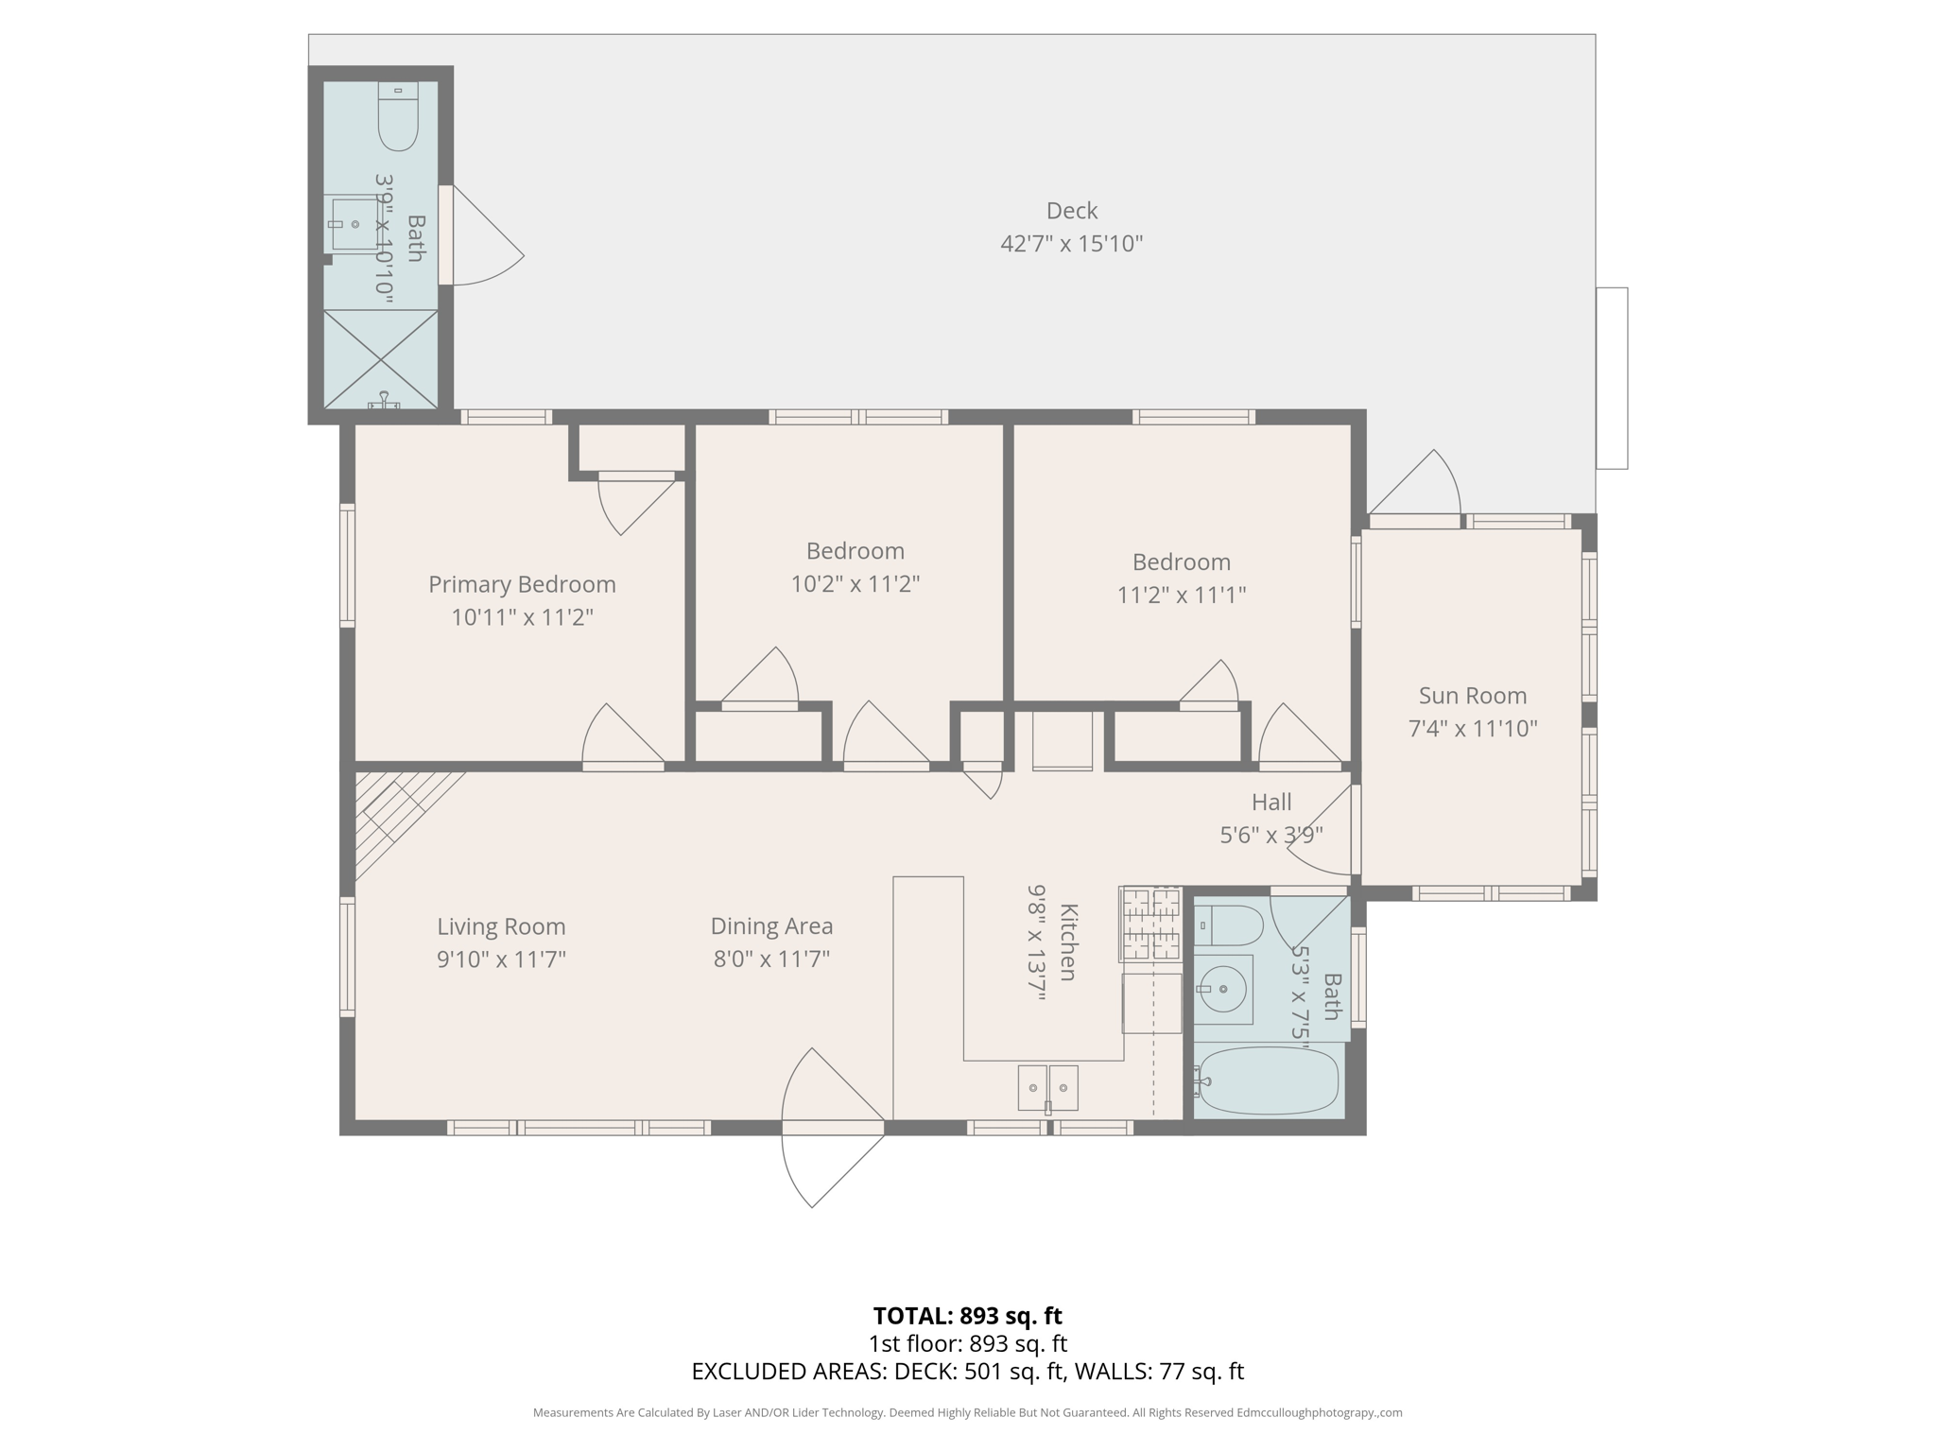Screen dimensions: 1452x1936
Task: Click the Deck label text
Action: coord(1071,211)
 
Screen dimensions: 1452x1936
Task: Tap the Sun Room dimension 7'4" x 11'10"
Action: coord(1472,729)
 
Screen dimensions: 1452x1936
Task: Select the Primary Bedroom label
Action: coord(522,585)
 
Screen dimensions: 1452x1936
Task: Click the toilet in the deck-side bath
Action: coord(398,117)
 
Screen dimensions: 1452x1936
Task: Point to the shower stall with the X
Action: coord(381,359)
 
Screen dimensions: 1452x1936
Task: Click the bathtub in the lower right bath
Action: coord(1268,1080)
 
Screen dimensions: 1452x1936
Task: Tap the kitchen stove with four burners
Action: coord(1150,924)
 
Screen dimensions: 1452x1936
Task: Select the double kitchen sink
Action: coord(1047,1088)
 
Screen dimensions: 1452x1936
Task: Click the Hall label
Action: coord(1270,803)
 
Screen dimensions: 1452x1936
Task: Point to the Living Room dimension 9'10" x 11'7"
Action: coord(501,959)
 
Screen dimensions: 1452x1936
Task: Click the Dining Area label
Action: coord(771,926)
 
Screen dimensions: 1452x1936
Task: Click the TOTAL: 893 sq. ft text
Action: coord(967,1316)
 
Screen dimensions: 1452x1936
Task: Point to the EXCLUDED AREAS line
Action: coord(967,1372)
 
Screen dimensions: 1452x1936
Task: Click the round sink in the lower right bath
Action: coord(1222,990)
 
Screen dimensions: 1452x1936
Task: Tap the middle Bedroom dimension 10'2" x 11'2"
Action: coord(855,584)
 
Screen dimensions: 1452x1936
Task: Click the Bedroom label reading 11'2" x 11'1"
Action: coord(1181,562)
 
